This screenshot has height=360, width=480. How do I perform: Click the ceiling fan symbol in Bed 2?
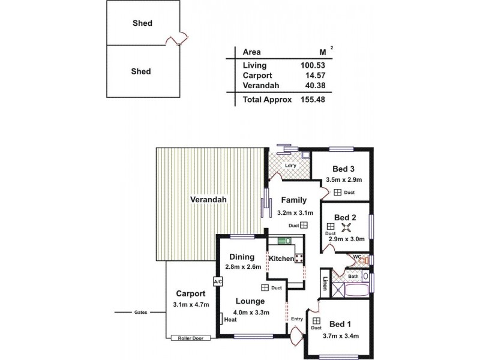coord(346,227)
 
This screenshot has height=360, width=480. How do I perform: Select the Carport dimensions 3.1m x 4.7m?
coord(191,304)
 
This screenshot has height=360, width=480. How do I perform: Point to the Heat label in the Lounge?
coord(230,320)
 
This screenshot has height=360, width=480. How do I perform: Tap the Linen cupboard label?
coord(325,282)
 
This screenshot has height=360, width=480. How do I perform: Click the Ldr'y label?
coord(291,166)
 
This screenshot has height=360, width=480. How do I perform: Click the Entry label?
coord(296,319)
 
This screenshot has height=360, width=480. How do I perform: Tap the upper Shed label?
coord(142,24)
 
